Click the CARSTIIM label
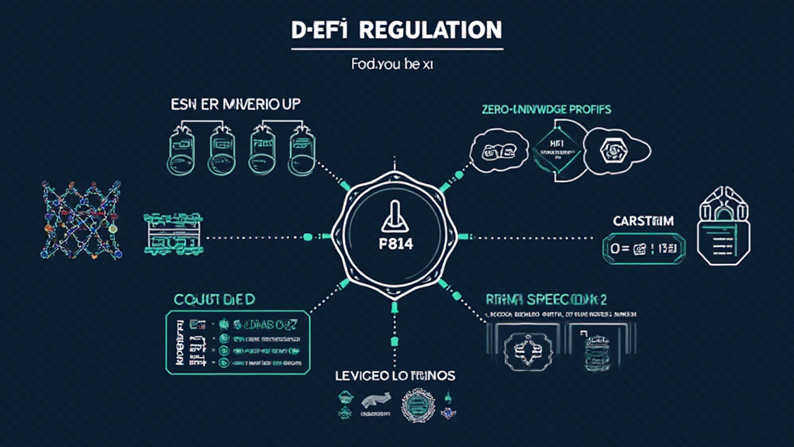coord(644,221)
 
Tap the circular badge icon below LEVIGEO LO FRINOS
coord(417,405)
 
